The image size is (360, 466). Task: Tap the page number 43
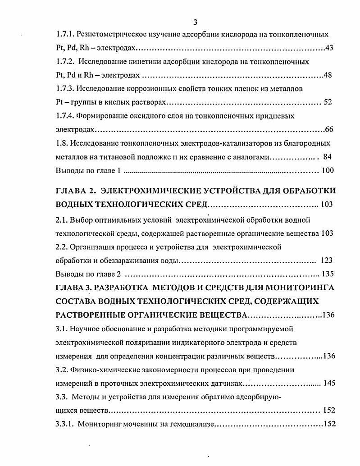329,48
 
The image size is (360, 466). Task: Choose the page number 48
328,75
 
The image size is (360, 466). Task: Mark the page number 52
328,102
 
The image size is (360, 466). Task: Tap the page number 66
329,130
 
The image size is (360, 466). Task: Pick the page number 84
328,157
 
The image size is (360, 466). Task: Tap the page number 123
327,260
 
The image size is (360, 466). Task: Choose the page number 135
327,274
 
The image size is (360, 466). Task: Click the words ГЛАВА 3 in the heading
75,288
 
